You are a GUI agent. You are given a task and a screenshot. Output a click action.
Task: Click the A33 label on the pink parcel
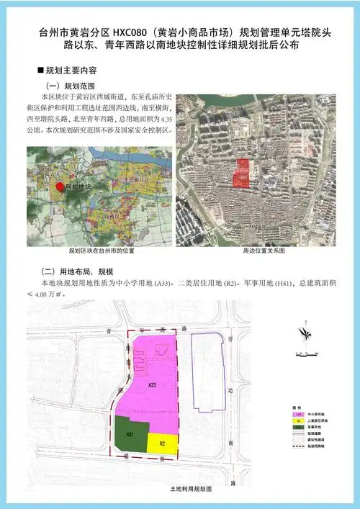(x=152, y=385)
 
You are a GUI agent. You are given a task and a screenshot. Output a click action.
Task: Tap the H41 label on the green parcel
(x=130, y=435)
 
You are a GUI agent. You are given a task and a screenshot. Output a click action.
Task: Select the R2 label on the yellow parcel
(x=163, y=443)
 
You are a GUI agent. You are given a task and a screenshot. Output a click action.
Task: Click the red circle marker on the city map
(x=59, y=186)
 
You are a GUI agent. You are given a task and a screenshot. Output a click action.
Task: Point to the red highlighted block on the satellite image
(x=243, y=173)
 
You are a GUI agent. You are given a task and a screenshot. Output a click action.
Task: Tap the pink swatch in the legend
(x=297, y=415)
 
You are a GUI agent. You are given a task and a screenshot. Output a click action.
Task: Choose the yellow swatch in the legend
(x=297, y=423)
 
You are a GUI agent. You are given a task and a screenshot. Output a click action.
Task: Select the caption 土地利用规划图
(x=187, y=489)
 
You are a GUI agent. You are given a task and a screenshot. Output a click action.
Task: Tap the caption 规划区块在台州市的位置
(x=102, y=251)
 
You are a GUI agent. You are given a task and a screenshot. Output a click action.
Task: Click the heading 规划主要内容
(x=72, y=73)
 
